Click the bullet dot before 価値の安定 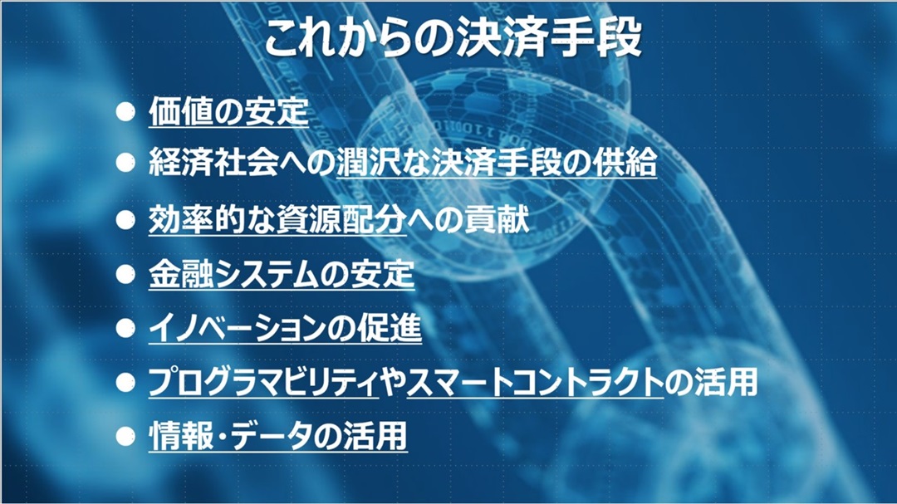(x=125, y=111)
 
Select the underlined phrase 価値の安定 (x=229, y=111)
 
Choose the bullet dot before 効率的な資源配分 (x=125, y=220)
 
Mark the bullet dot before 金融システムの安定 (x=125, y=275)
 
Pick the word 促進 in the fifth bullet (x=390, y=328)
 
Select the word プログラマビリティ (x=263, y=382)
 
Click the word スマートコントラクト (x=536, y=382)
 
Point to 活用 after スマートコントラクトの (x=726, y=382)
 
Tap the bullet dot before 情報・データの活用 (x=125, y=437)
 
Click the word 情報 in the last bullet (x=181, y=437)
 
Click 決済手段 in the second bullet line (x=496, y=163)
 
